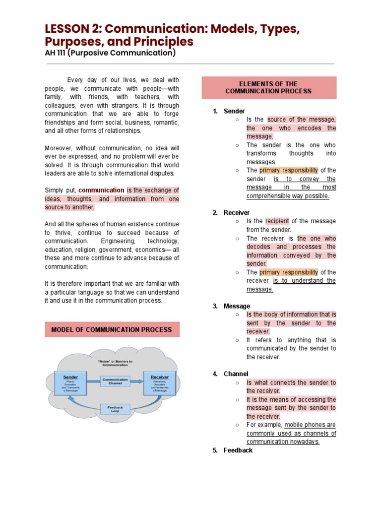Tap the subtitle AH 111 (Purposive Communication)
click(x=110, y=53)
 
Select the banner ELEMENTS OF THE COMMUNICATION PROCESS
click(x=268, y=88)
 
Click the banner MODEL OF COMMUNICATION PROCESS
click(x=112, y=329)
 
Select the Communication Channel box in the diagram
click(x=115, y=381)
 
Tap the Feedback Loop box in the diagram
click(x=115, y=409)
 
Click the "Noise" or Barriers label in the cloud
click(x=115, y=363)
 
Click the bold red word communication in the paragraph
click(x=101, y=190)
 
